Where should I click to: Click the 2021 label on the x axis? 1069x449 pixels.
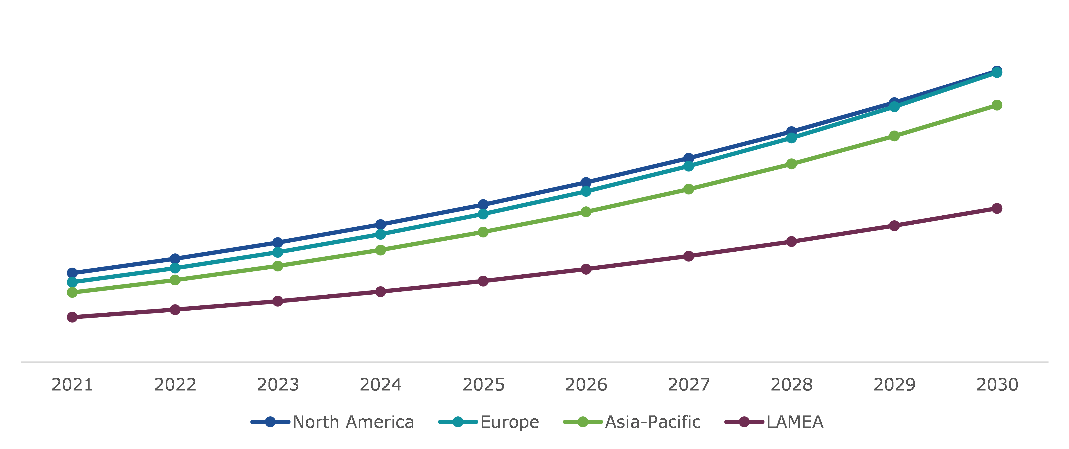click(72, 385)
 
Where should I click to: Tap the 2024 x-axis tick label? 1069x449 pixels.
click(381, 385)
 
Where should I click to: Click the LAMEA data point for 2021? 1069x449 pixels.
click(72, 317)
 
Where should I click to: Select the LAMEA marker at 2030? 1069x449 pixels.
click(997, 208)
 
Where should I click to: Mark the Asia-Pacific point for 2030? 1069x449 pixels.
click(997, 105)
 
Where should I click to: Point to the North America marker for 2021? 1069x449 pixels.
click(72, 273)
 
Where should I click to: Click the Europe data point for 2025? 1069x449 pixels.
click(483, 214)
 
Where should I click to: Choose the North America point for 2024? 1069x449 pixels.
click(381, 225)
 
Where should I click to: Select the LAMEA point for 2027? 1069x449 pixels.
click(688, 256)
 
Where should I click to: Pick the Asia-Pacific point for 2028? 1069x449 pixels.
click(791, 164)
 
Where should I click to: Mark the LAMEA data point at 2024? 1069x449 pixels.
click(381, 292)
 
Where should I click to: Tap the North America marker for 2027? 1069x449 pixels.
click(688, 158)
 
